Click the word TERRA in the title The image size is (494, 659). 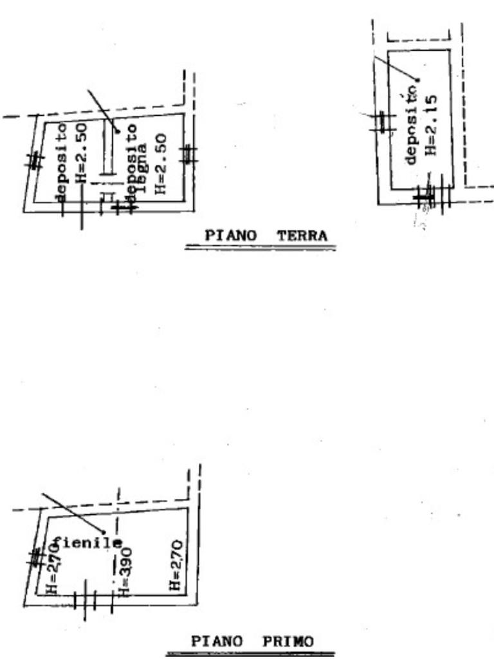(302, 236)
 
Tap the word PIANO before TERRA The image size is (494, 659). (231, 236)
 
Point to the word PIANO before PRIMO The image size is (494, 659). (217, 642)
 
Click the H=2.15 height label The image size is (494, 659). (432, 125)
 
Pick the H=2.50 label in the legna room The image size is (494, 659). (161, 163)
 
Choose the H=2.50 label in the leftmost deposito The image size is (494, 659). (81, 153)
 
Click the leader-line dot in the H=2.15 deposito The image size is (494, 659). (417, 80)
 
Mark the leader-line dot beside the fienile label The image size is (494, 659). (103, 532)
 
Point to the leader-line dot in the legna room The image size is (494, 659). (118, 131)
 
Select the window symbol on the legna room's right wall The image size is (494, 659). (188, 154)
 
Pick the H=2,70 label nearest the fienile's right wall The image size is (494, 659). (176, 566)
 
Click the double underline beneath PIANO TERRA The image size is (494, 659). (260, 248)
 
